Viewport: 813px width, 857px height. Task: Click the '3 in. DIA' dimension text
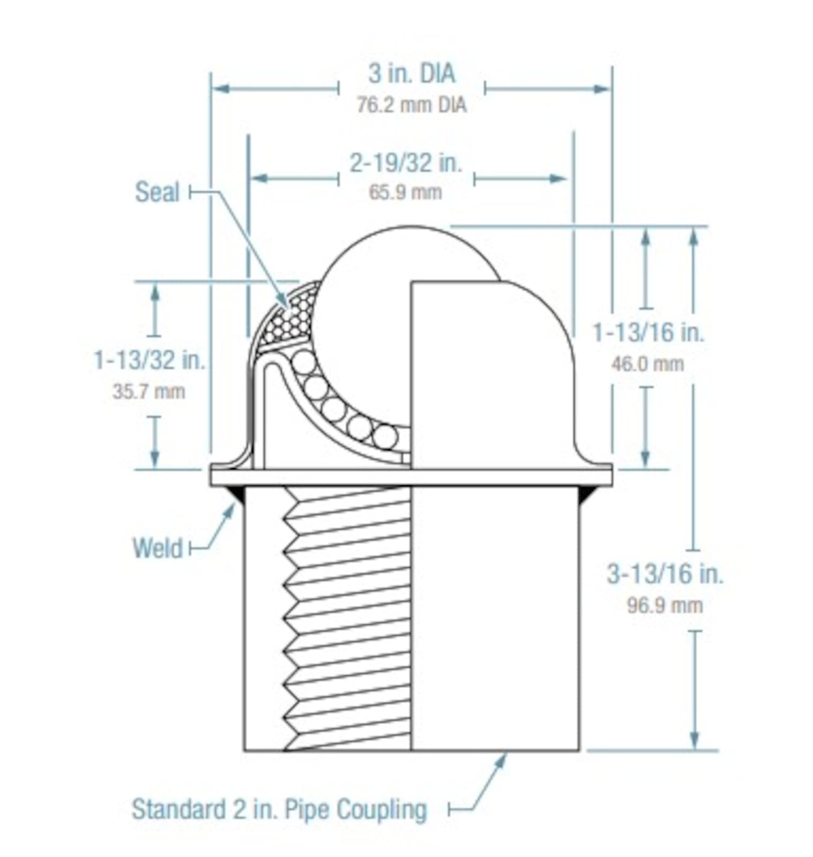pos(411,73)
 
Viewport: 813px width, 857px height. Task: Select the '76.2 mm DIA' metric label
pos(411,105)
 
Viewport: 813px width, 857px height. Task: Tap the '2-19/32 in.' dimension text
pos(406,162)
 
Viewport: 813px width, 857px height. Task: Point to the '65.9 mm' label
pos(405,192)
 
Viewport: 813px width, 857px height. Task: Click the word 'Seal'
pos(156,192)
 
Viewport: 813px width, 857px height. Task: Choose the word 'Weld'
pos(158,548)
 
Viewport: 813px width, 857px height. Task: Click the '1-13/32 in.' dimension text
pos(150,359)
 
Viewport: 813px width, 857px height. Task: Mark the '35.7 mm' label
pos(148,392)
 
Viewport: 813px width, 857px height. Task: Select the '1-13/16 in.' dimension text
pos(647,332)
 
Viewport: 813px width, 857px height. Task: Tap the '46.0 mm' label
pos(647,364)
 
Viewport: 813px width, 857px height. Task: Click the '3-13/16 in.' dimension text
pos(665,574)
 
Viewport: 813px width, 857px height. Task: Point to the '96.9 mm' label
pos(665,606)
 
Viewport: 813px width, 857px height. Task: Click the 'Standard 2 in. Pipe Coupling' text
pos(279,809)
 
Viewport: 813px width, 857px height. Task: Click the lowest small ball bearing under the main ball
pos(385,438)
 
